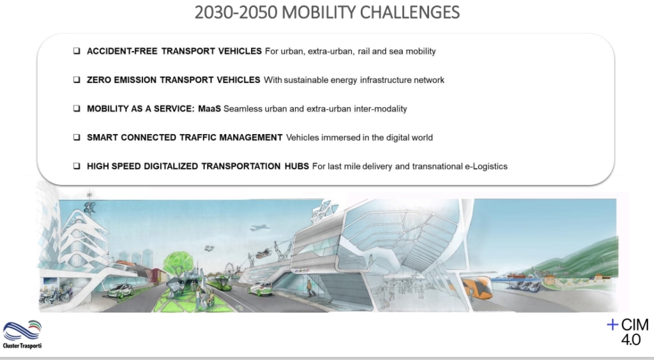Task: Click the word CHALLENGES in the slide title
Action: click(x=409, y=12)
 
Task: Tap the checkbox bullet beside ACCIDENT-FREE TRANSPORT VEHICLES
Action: click(x=77, y=51)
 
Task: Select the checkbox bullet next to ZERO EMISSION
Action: click(x=77, y=80)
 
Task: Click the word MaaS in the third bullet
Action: click(x=209, y=109)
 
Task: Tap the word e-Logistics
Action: click(x=486, y=167)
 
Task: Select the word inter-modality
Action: click(x=381, y=109)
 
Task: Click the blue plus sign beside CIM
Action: click(x=612, y=325)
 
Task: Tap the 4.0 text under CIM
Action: click(x=630, y=340)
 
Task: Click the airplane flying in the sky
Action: click(x=259, y=227)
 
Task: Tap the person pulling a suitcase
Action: click(x=310, y=288)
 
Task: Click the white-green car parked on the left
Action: click(x=120, y=290)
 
